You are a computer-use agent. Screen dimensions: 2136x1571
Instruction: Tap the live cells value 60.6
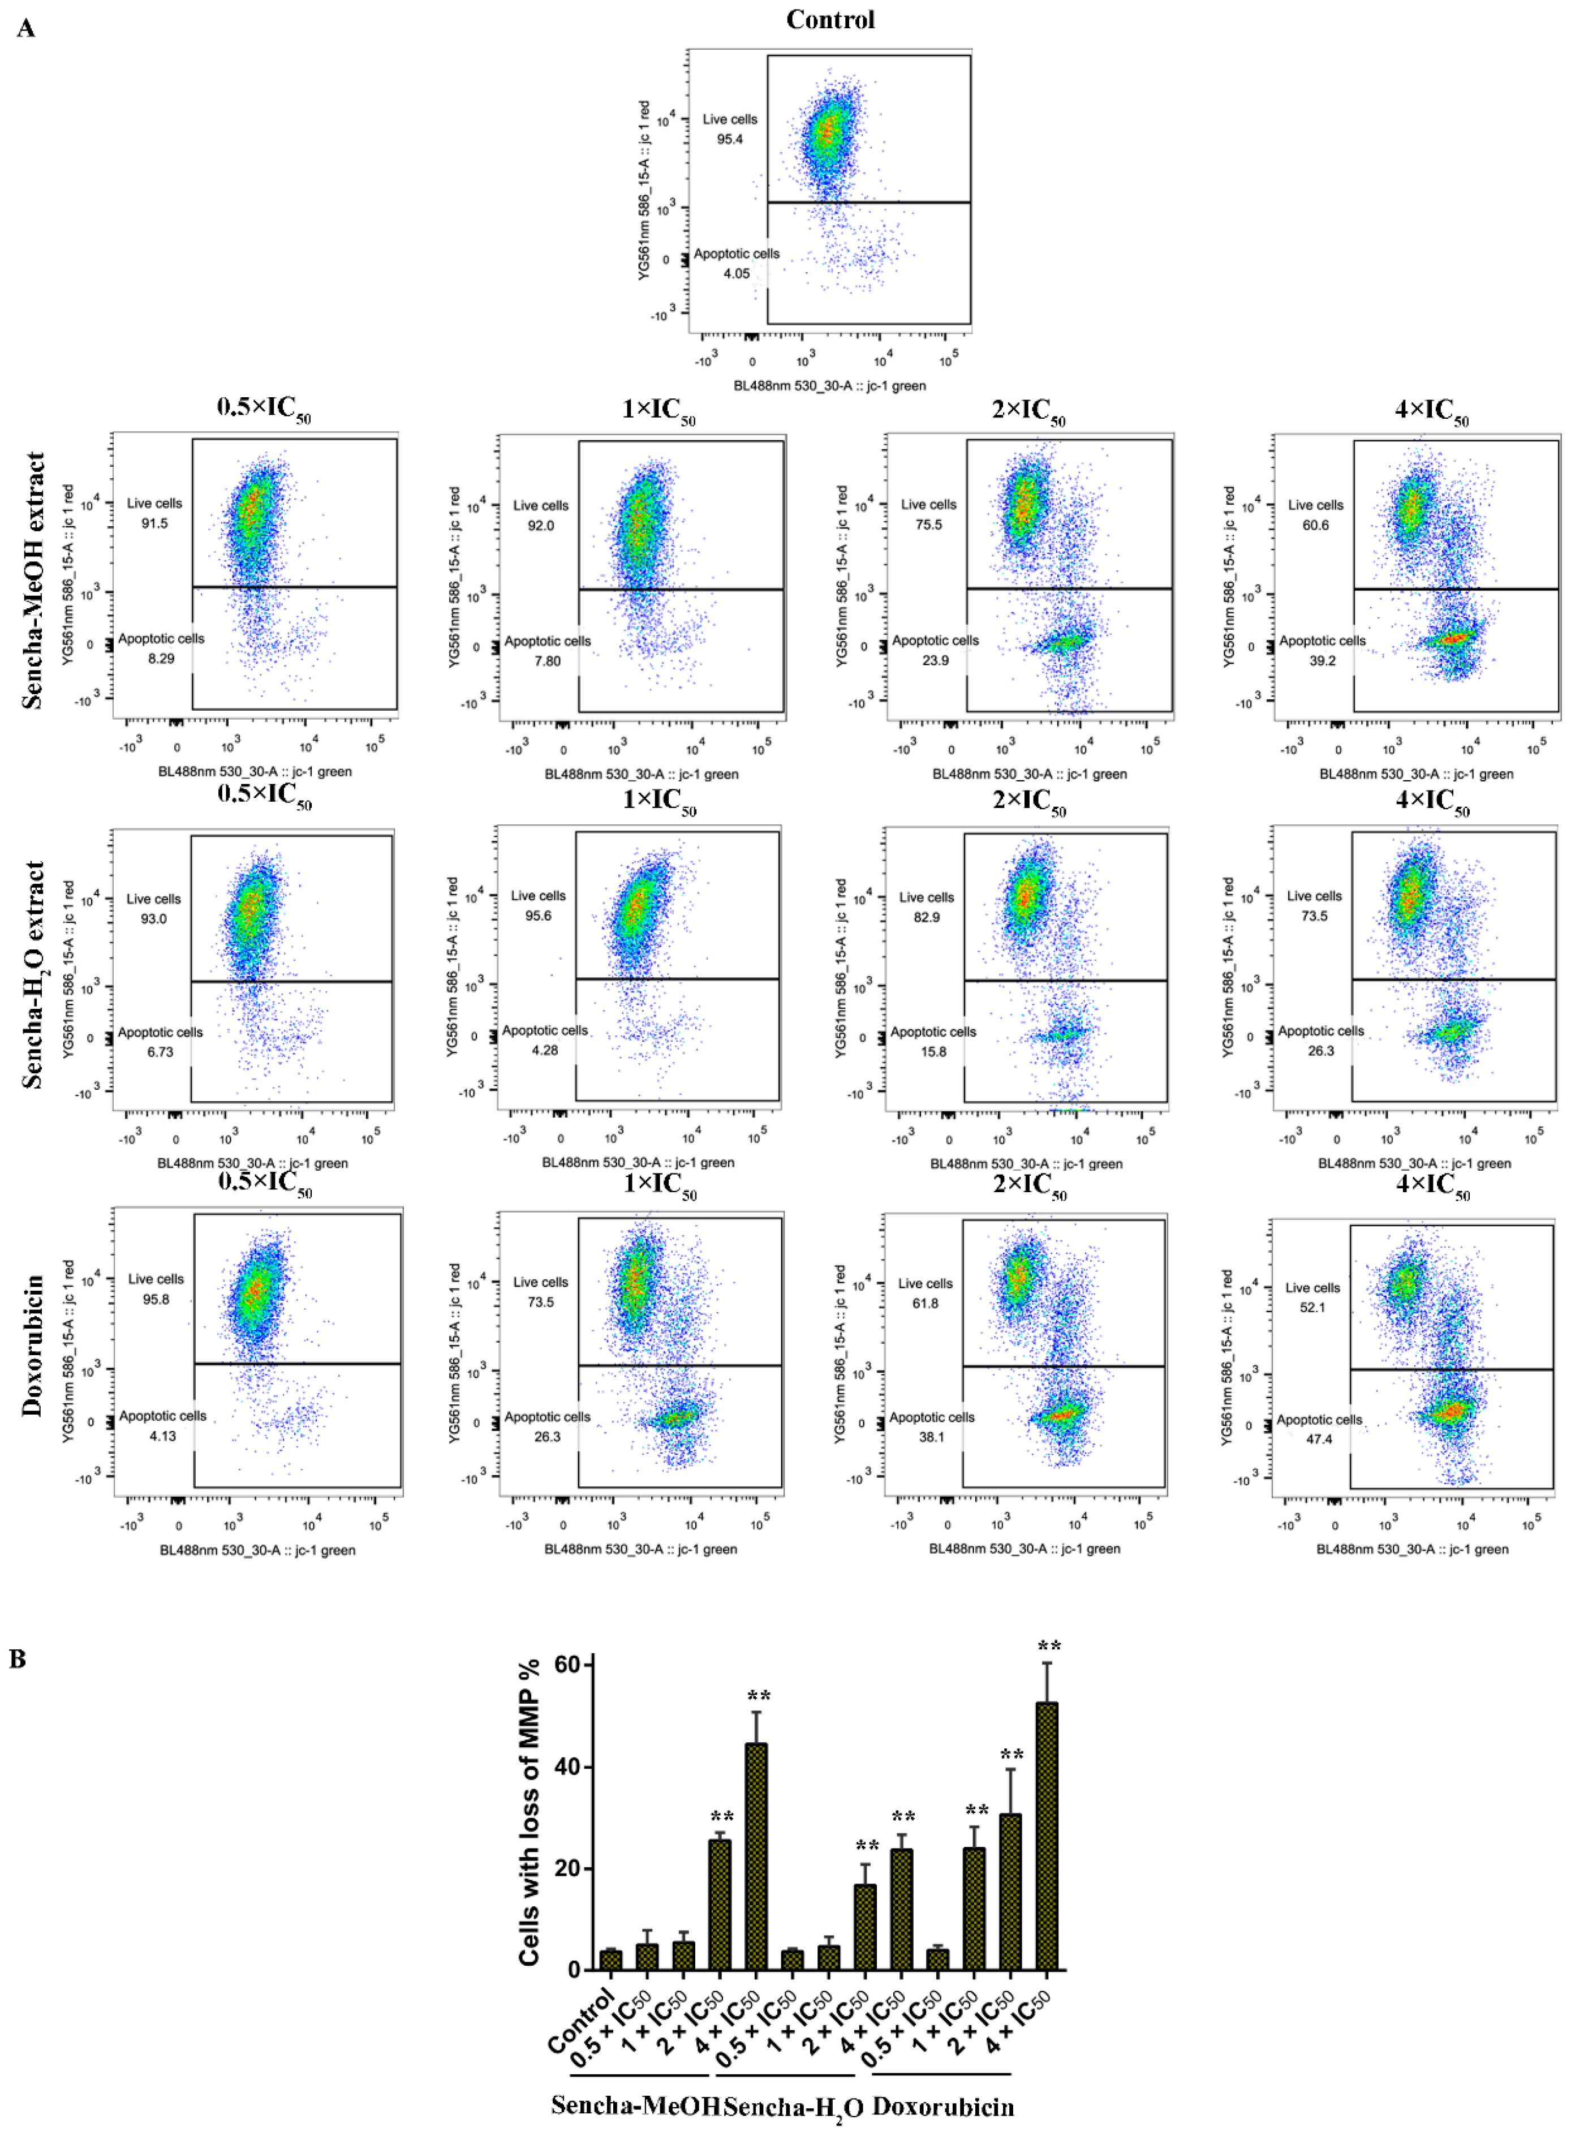point(1315,525)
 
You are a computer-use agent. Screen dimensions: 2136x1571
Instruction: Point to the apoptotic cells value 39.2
point(1322,661)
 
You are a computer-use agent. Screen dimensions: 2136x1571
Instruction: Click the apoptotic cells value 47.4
point(1319,1439)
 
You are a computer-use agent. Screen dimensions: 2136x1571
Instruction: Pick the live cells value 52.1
point(1312,1308)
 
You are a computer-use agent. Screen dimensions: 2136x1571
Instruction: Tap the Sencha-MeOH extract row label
point(33,580)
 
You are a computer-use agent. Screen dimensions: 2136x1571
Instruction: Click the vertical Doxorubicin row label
point(33,1345)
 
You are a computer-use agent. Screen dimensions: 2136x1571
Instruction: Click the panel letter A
point(25,28)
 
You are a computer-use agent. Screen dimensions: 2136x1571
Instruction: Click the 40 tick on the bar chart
point(568,1767)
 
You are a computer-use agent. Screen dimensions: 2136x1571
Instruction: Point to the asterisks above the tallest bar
point(1049,1646)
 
